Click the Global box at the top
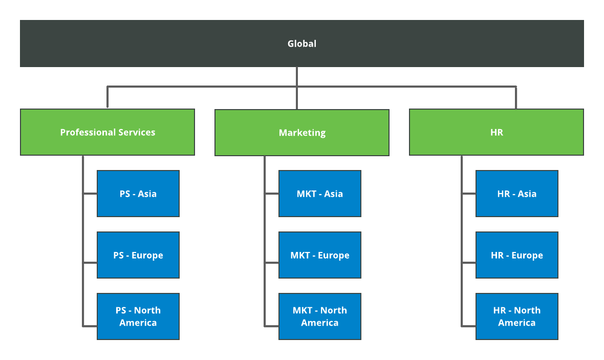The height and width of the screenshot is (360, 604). [x=302, y=44]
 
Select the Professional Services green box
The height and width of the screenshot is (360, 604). [x=107, y=132]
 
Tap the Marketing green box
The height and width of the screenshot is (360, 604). [x=302, y=133]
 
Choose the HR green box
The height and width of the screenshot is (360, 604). [x=497, y=132]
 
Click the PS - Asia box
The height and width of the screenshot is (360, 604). [x=138, y=194]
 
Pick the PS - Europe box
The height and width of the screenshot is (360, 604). [x=138, y=255]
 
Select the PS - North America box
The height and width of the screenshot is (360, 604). [x=138, y=316]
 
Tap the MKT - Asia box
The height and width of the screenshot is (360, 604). [x=320, y=194]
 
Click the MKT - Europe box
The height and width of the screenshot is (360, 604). [x=320, y=255]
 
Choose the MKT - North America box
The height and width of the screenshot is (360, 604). [x=320, y=316]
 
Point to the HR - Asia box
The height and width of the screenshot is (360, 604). [x=517, y=194]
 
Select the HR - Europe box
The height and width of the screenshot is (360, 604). [x=517, y=255]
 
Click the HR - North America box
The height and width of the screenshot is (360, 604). [x=517, y=316]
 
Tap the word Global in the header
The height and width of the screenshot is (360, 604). [x=302, y=44]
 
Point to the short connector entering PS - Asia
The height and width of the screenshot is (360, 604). [x=90, y=194]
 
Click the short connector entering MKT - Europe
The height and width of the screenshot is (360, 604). [x=272, y=263]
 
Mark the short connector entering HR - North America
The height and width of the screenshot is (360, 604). [x=469, y=325]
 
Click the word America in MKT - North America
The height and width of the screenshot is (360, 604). [x=320, y=323]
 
